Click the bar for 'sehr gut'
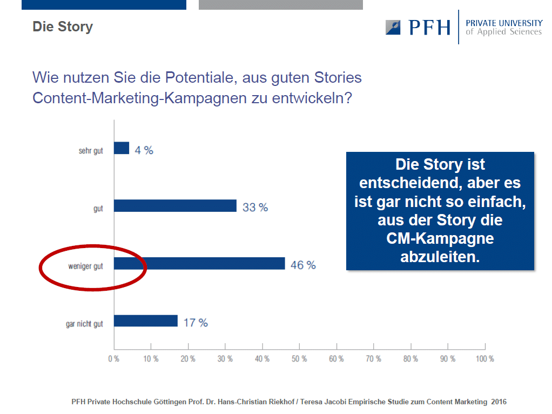pyautogui.click(x=122, y=148)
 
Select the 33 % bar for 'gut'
pyautogui.click(x=176, y=206)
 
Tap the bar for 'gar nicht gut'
pyautogui.click(x=146, y=320)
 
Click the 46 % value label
pyautogui.click(x=303, y=265)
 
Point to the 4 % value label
pyautogui.click(x=144, y=150)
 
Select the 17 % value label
pyautogui.click(x=196, y=323)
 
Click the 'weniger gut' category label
pyautogui.click(x=85, y=266)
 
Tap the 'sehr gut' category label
pyautogui.click(x=91, y=151)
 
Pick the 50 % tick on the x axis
pyautogui.click(x=299, y=346)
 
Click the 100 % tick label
pyautogui.click(x=485, y=359)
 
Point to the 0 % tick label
pyautogui.click(x=114, y=359)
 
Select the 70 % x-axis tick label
pyautogui.click(x=374, y=359)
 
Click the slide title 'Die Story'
pyautogui.click(x=63, y=27)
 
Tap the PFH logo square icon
pyautogui.click(x=393, y=28)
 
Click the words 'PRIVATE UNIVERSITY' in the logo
pyautogui.click(x=504, y=23)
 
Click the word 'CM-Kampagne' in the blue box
pyautogui.click(x=440, y=238)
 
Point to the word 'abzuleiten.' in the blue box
pyautogui.click(x=440, y=257)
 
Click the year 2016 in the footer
pyautogui.click(x=499, y=402)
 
